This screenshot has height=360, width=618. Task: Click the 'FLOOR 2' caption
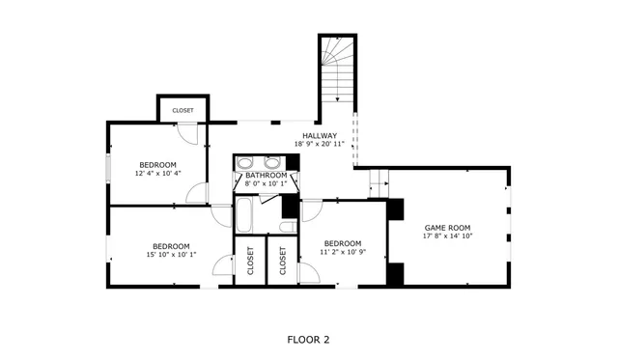(309, 339)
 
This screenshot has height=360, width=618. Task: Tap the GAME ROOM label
(448, 228)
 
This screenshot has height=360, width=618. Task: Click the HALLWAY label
(320, 135)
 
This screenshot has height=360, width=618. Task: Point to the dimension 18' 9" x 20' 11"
(320, 145)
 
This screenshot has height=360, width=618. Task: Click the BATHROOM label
(266, 175)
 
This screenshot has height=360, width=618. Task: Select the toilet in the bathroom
(287, 227)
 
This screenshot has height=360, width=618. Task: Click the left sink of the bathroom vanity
(245, 162)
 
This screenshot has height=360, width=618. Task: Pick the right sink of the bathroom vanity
(269, 162)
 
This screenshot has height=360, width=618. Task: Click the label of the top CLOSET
(183, 110)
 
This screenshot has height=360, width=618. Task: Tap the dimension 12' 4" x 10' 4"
(158, 174)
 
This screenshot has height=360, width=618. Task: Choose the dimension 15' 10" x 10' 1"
(171, 255)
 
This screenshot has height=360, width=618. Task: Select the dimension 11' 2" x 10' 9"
(342, 253)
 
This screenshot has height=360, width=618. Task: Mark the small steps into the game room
(378, 179)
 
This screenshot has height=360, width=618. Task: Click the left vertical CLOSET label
(250, 262)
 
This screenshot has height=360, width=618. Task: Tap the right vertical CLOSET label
(283, 262)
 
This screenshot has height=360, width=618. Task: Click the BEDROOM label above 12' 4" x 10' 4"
(158, 164)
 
